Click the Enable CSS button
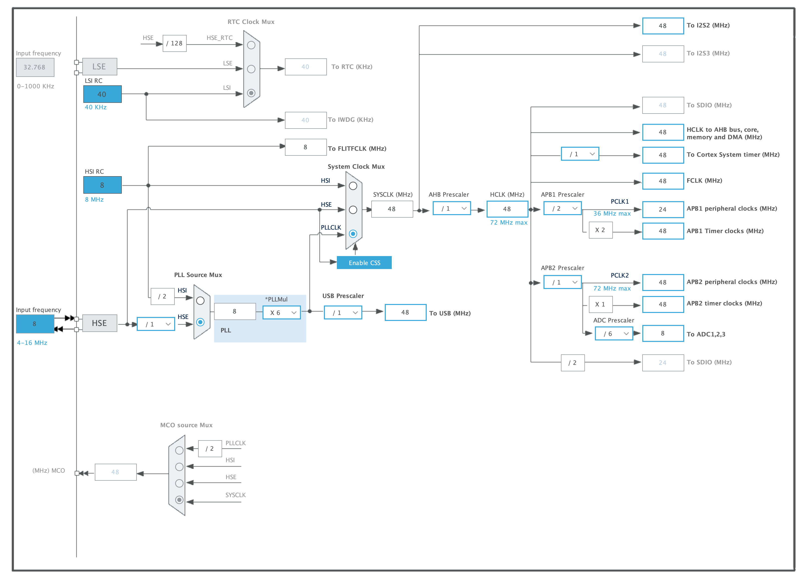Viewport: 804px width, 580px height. click(x=364, y=263)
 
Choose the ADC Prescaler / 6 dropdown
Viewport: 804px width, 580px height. click(x=614, y=334)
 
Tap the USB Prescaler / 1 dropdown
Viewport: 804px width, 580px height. click(x=343, y=313)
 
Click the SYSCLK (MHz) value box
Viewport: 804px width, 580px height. click(x=392, y=209)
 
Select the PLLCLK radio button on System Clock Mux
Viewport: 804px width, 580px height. click(x=353, y=234)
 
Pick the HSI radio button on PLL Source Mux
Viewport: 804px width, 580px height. click(x=200, y=301)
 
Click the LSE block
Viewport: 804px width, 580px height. click(x=100, y=67)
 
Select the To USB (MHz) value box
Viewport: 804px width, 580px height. click(x=405, y=312)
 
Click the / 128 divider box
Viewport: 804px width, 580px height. click(x=174, y=43)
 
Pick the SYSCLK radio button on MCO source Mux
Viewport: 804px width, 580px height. click(x=179, y=500)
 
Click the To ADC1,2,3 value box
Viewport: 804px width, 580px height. click(x=663, y=333)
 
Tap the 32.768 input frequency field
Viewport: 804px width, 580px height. click(x=35, y=67)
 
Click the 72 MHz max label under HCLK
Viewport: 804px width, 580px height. click(x=508, y=223)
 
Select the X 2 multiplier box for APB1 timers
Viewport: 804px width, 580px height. click(x=600, y=230)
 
